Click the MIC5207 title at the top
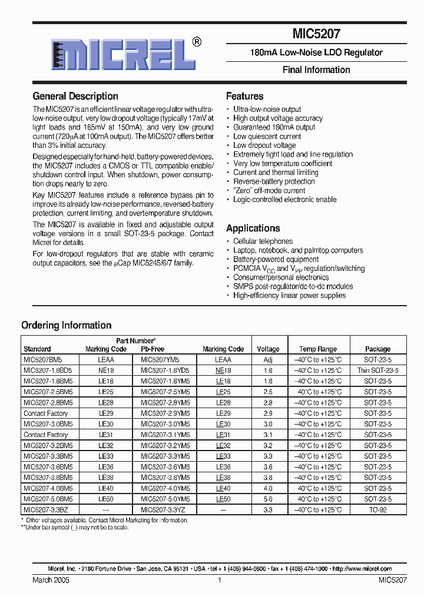pos(316,35)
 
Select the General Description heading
pos(75,96)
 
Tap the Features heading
pos(244,96)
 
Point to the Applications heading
pos(253,228)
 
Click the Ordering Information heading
pos(66,325)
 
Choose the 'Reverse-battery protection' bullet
pos(274,181)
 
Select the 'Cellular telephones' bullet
pos(263,241)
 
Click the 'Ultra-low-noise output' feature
pos(267,109)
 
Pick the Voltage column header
pos(268,349)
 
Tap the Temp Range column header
pos(317,349)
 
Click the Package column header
pos(377,349)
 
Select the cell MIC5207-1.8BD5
pos(48,370)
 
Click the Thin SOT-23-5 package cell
pos(377,370)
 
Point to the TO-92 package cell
pos(377,509)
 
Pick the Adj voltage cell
pos(268,359)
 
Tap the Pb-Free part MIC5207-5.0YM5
pos(165,499)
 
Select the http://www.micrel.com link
pos(362,569)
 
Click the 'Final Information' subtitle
pos(316,69)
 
